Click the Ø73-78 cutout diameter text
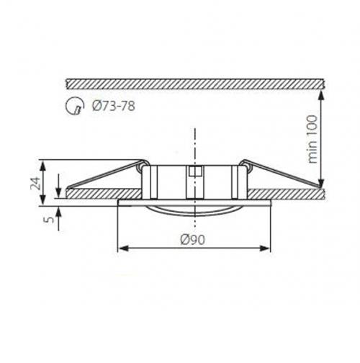point(114,106)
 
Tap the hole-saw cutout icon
point(75,106)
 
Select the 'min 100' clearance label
point(312,139)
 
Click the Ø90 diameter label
point(192,240)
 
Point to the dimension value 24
point(35,183)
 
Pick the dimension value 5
point(50,220)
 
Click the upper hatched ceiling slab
point(196,84)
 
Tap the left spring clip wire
point(106,174)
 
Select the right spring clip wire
point(282,174)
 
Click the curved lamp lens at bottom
point(194,212)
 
